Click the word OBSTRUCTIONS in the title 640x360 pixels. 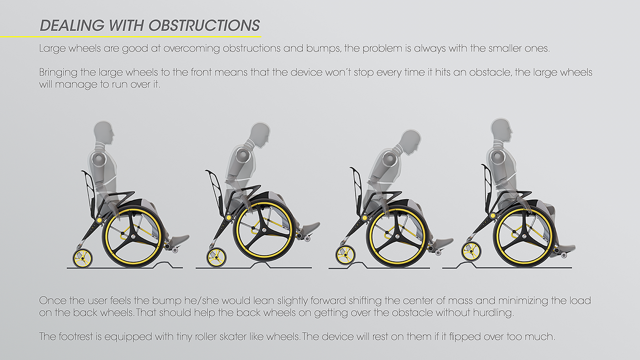[x=204, y=25]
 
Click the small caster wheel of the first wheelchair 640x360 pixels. [x=83, y=258]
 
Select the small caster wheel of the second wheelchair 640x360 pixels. [x=216, y=257]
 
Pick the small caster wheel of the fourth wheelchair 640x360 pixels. [x=471, y=251]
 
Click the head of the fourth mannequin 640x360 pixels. [x=502, y=131]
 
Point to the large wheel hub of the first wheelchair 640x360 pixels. [x=133, y=236]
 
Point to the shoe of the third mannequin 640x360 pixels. [x=441, y=243]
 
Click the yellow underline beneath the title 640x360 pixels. [x=130, y=36]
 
